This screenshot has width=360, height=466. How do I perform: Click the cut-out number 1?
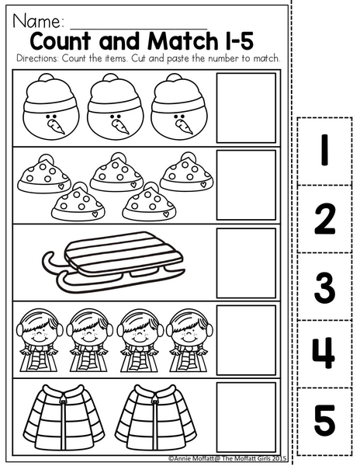click(324, 150)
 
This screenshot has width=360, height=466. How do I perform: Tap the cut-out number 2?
click(325, 219)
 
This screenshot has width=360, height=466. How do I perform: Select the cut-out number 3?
click(324, 287)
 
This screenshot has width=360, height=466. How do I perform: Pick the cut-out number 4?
click(324, 353)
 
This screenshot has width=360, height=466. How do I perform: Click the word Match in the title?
click(182, 41)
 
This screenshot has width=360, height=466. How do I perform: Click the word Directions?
click(37, 58)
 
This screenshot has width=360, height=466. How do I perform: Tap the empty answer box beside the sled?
click(246, 263)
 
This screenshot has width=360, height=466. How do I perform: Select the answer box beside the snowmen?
click(246, 108)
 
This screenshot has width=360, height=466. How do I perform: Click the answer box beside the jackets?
click(246, 417)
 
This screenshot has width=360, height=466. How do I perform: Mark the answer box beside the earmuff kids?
click(246, 340)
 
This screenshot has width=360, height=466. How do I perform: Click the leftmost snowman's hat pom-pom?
click(47, 78)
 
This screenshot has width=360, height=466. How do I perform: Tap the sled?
click(114, 260)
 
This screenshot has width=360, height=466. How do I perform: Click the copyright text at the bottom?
click(227, 458)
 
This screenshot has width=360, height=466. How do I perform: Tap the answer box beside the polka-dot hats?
click(246, 185)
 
